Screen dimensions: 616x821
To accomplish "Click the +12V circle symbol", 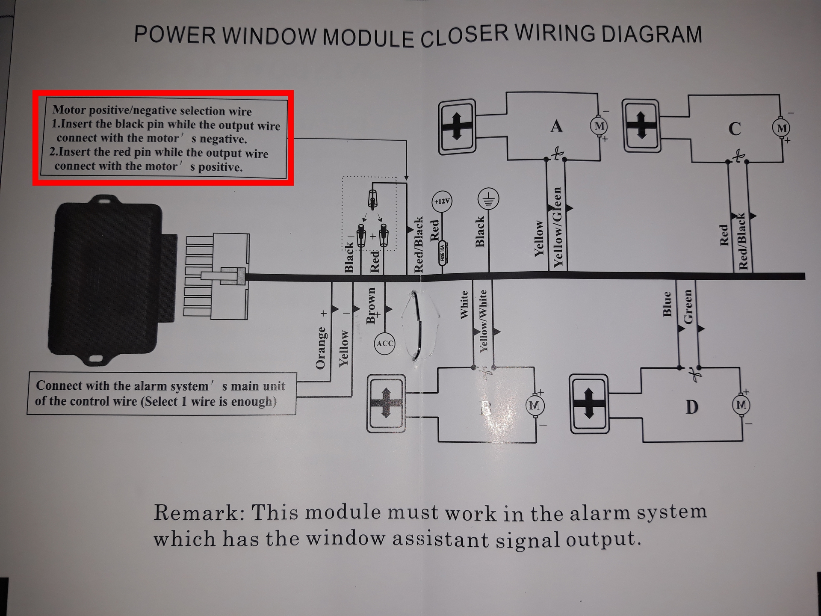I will click(x=442, y=201).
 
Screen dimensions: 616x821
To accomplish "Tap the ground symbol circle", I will click(x=488, y=199).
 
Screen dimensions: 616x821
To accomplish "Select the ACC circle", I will click(x=384, y=343).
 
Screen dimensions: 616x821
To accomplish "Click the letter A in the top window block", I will click(x=556, y=126).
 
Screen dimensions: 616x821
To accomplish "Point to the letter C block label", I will click(x=735, y=129).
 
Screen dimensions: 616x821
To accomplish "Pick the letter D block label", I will click(x=691, y=407).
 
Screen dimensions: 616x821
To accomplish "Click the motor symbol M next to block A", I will click(x=600, y=126).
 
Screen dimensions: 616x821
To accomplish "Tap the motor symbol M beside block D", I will click(x=741, y=405).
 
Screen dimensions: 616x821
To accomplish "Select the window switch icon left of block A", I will click(x=457, y=127).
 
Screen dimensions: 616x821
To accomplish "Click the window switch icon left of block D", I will click(x=589, y=404).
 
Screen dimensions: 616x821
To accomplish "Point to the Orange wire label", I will click(x=320, y=347).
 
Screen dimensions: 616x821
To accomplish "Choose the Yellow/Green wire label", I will click(x=557, y=227).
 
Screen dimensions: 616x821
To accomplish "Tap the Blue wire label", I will click(x=667, y=304).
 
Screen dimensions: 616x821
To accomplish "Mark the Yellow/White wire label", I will click(x=484, y=321).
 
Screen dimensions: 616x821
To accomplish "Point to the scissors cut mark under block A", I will click(x=556, y=154).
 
